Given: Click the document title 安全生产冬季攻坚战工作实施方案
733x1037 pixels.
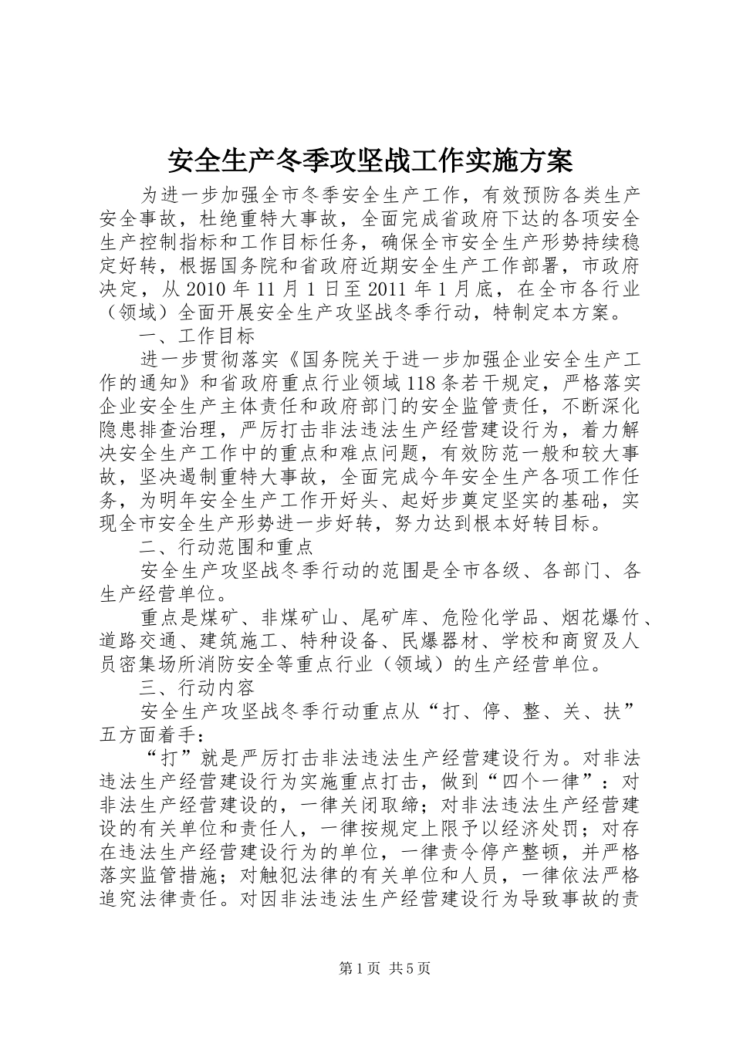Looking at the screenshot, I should click(370, 160).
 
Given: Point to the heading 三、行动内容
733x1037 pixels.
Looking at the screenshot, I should click(197, 687).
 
